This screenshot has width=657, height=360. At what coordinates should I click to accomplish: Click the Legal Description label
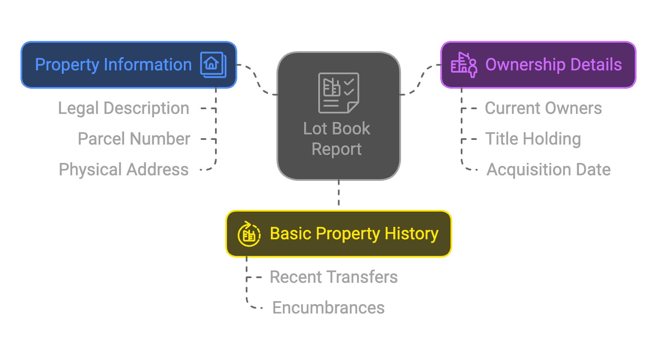click(x=123, y=108)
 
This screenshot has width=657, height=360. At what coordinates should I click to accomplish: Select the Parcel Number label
click(x=134, y=139)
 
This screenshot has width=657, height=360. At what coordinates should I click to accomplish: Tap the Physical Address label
click(x=123, y=170)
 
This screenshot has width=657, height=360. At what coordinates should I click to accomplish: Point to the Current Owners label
click(x=543, y=108)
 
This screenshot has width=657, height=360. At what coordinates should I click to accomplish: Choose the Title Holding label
click(x=533, y=139)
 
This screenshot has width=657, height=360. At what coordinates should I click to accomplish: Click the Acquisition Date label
click(x=548, y=170)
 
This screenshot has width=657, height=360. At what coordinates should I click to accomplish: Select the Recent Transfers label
click(x=333, y=277)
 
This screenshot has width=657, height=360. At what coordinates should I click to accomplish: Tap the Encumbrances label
click(x=328, y=308)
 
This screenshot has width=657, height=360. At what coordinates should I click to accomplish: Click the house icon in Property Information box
click(x=213, y=65)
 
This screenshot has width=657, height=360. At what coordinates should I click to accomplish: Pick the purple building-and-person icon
click(x=464, y=65)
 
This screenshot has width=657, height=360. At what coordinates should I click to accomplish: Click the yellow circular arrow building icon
click(x=249, y=234)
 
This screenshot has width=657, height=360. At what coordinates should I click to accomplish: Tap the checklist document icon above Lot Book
click(x=339, y=93)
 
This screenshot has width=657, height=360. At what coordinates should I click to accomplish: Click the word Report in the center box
click(x=337, y=149)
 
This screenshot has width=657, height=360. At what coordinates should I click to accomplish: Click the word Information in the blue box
click(x=148, y=65)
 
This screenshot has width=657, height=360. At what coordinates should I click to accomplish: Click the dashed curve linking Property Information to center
click(x=258, y=80)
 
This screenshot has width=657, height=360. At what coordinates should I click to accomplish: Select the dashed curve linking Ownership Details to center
click(x=420, y=80)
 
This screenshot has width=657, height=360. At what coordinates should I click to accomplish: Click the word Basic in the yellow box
click(x=291, y=234)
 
